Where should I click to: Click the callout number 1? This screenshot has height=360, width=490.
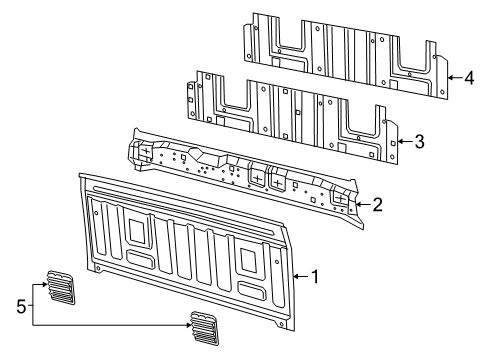coord(317,276)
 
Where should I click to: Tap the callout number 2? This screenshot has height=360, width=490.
coord(376,205)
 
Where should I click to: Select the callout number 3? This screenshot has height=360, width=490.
coord(419,142)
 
